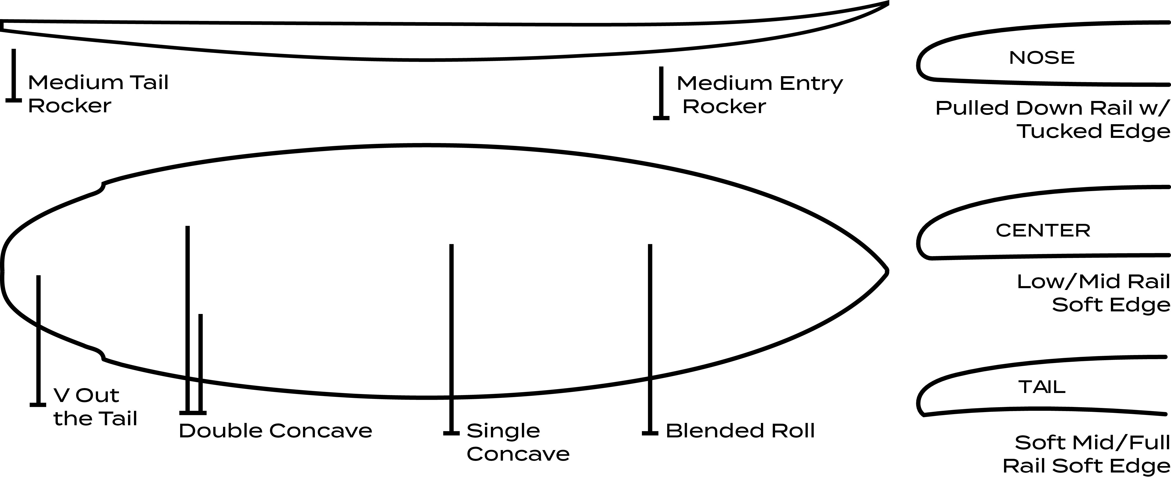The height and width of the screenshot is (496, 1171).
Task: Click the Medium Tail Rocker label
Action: click(x=98, y=94)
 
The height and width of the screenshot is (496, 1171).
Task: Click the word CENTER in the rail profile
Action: click(x=1043, y=231)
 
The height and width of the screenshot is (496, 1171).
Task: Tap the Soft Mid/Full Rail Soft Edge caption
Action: click(x=1086, y=454)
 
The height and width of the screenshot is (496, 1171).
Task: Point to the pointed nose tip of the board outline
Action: click(x=886, y=272)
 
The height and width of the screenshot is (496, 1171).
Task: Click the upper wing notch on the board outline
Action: click(x=101, y=187)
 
